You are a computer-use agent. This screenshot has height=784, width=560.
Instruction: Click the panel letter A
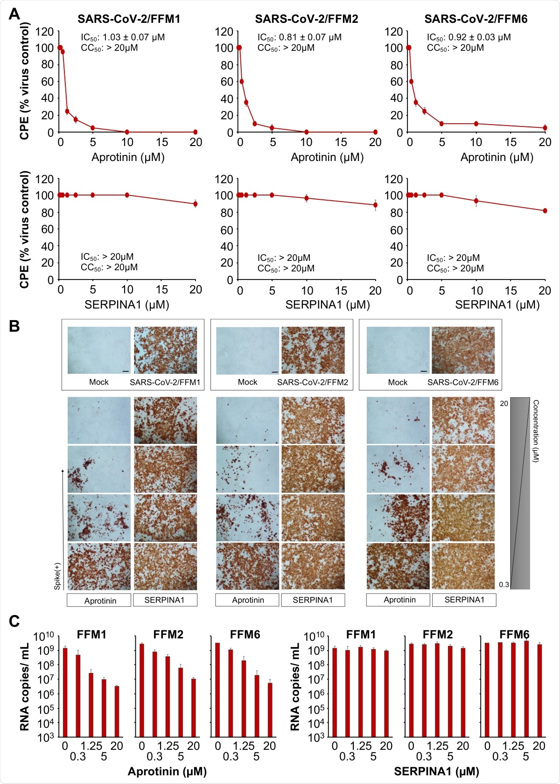[x=14, y=14]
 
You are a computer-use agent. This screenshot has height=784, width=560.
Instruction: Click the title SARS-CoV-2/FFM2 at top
[x=306, y=19]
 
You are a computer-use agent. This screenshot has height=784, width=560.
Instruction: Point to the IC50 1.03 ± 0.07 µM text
[x=123, y=37]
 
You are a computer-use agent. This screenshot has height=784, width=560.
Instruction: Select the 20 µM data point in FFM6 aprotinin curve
[x=545, y=128]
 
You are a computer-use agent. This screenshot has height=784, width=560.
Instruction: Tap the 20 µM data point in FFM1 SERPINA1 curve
[x=195, y=204]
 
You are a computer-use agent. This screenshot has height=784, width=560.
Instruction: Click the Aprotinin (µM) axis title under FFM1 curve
[x=128, y=157]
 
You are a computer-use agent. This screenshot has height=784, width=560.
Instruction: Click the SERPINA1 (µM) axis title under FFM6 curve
[x=497, y=305]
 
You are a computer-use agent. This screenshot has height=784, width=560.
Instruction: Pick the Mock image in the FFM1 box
[x=99, y=350]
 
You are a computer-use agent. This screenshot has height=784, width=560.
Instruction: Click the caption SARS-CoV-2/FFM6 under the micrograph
[x=462, y=382]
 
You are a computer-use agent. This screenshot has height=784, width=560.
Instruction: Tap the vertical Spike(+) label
[x=57, y=576]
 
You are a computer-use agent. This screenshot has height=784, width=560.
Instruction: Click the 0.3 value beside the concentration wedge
[x=504, y=584]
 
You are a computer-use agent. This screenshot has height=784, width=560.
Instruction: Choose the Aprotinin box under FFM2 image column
[x=247, y=600]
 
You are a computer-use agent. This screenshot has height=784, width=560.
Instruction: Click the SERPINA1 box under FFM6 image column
[x=464, y=600]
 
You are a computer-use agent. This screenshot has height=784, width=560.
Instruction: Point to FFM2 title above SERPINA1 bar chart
[x=437, y=635]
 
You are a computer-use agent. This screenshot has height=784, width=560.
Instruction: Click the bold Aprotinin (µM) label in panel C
[x=167, y=771]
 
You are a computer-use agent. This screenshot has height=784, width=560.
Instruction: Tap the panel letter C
[x=14, y=621]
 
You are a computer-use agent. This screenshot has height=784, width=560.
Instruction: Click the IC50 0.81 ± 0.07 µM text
[x=299, y=37]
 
